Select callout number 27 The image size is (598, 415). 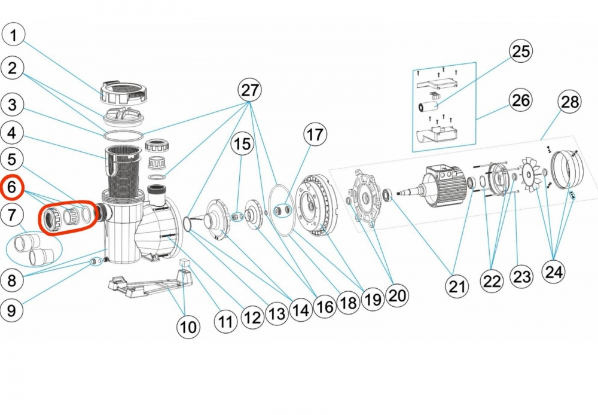(x=250, y=90)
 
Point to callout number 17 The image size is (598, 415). (x=315, y=135)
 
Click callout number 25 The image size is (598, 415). (x=520, y=51)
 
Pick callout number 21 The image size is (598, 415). (x=457, y=286)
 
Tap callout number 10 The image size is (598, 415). (x=188, y=326)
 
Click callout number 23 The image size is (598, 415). (x=522, y=277)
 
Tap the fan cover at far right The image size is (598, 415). (x=565, y=170)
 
